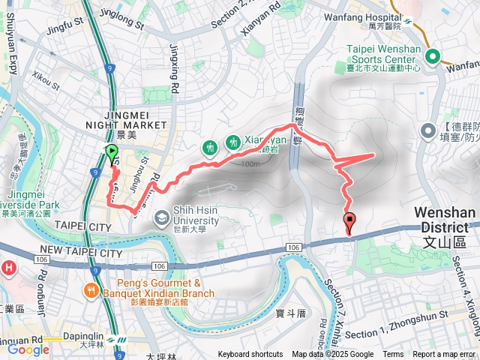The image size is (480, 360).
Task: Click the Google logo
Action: tap(28, 349)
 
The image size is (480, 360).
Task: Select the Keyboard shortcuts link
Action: tap(250, 355)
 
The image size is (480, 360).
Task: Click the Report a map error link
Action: tap(444, 355)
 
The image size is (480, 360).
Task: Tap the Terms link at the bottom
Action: tap(393, 355)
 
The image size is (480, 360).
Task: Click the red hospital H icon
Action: tap(9, 268)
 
